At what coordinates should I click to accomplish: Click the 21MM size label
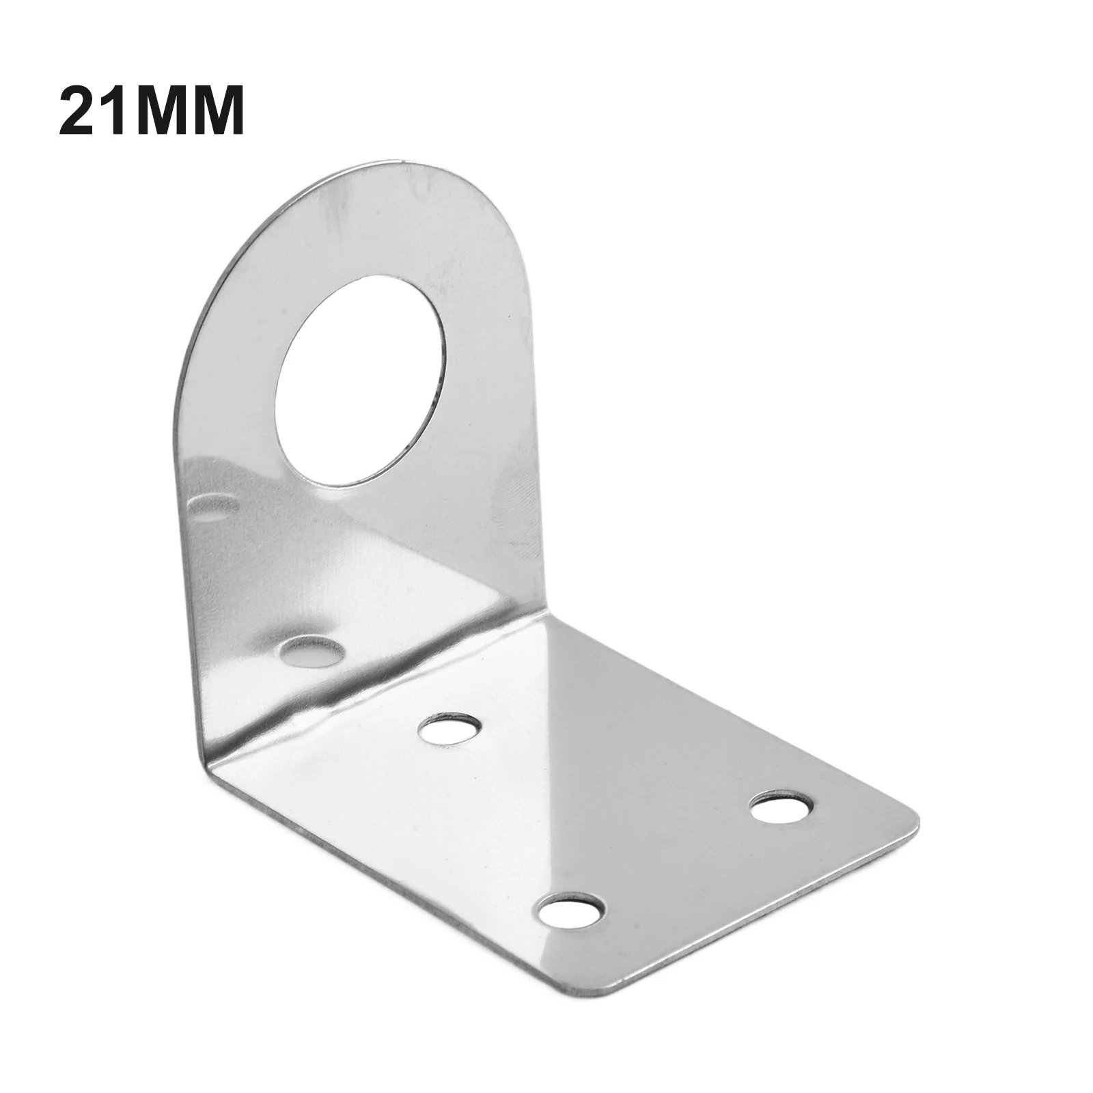[x=151, y=111]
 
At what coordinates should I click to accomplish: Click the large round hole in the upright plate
[x=361, y=380]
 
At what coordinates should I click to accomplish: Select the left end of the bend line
[x=205, y=779]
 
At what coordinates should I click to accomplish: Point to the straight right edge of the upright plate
[x=531, y=410]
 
